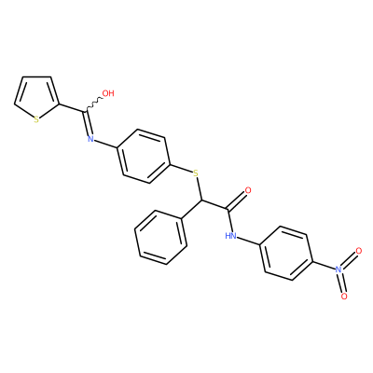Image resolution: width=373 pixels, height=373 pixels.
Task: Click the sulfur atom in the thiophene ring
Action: [36, 119]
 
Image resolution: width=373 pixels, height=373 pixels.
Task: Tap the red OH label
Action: [108, 93]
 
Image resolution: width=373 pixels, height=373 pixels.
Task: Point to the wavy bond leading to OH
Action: [93, 104]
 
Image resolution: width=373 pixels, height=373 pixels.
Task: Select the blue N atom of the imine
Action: [90, 139]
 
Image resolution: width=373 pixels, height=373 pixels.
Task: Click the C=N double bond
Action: [88, 123]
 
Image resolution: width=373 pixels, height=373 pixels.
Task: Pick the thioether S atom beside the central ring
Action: [195, 173]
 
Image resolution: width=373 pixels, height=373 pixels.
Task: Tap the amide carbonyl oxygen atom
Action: [248, 190]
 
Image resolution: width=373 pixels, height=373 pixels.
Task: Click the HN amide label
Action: [230, 236]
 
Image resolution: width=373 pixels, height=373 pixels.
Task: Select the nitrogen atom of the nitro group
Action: [338, 269]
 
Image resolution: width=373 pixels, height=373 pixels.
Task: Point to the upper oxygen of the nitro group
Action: [359, 251]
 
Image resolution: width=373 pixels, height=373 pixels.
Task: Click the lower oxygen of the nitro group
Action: [344, 297]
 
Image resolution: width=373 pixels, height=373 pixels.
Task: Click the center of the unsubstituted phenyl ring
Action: [160, 238]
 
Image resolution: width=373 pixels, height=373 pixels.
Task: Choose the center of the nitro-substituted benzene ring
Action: [285, 253]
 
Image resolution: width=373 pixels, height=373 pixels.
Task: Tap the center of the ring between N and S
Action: [144, 156]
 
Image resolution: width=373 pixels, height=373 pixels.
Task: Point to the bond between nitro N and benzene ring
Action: [324, 265]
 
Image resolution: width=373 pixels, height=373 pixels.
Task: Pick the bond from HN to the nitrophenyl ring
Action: [248, 242]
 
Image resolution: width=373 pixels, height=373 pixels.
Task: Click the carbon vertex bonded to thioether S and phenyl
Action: [201, 200]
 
